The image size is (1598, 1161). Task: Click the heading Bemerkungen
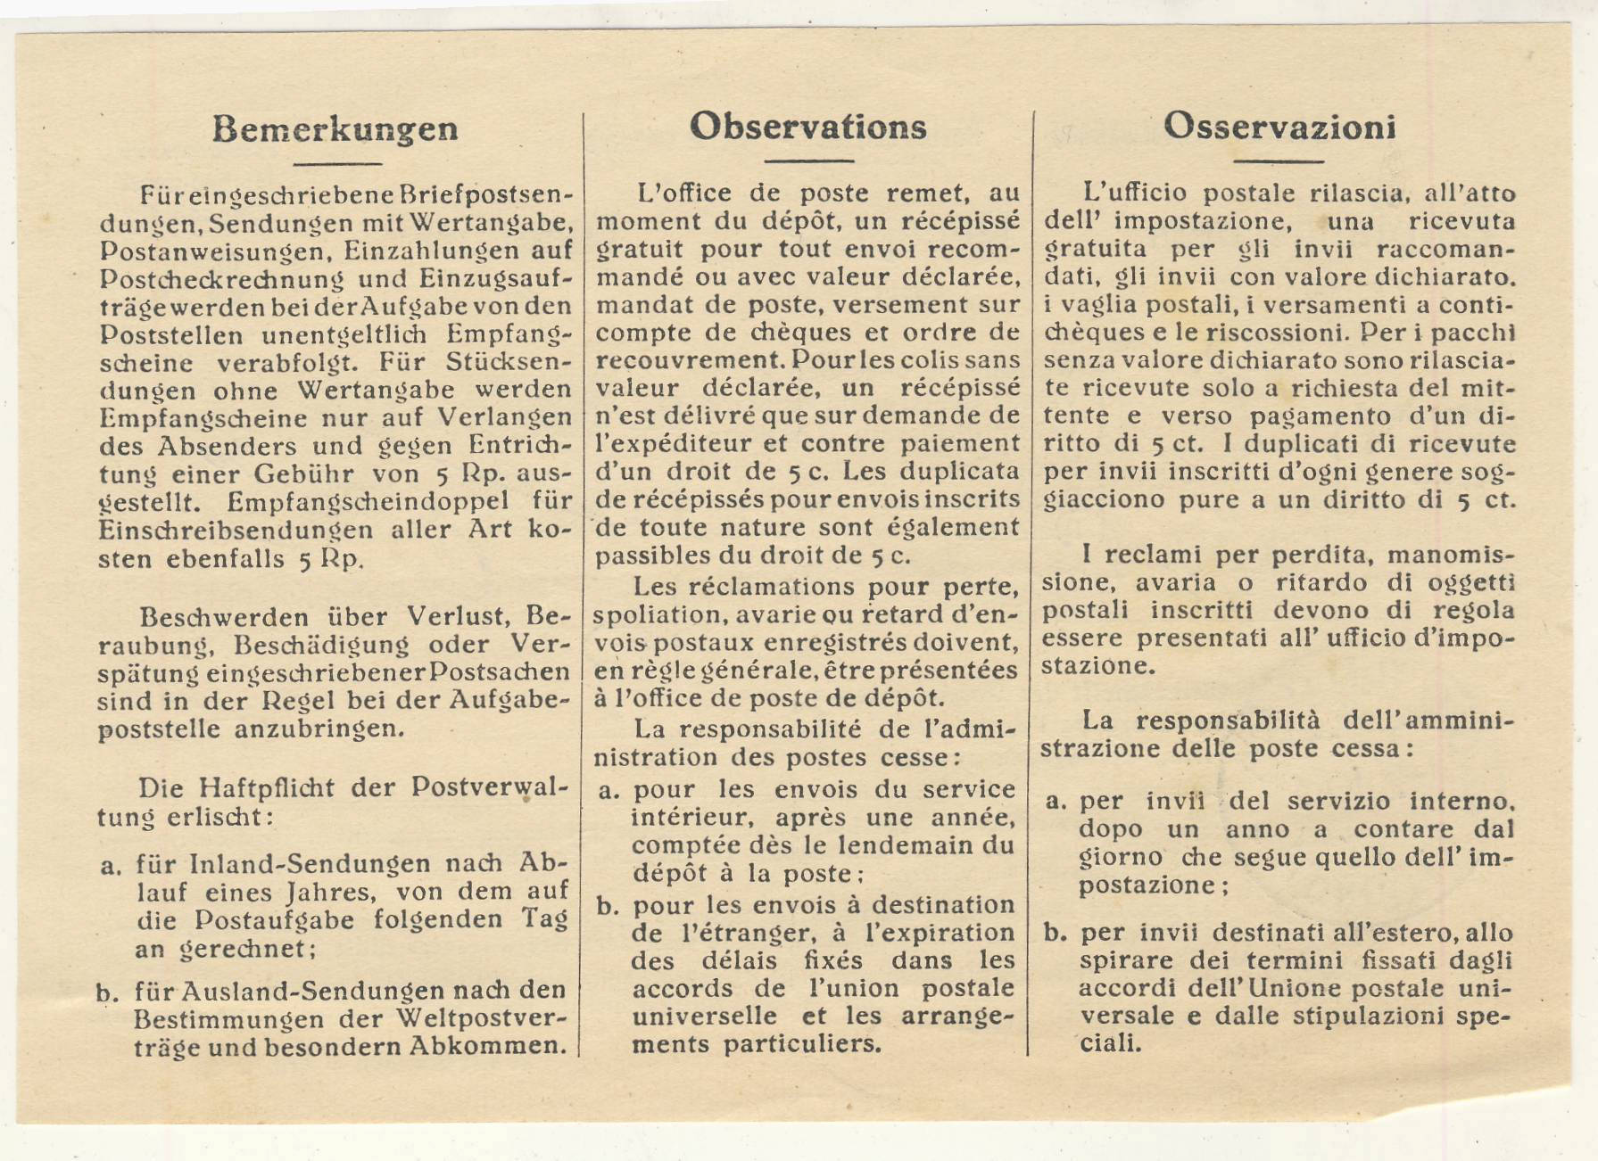pos(335,129)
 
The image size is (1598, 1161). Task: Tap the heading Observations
pos(807,127)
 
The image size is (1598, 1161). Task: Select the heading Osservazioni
pos(1279,127)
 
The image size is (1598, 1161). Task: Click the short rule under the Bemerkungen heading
pos(337,164)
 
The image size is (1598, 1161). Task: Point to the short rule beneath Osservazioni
pos(1278,162)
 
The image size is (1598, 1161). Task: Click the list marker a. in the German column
pos(111,865)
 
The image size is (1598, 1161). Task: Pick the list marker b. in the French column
pos(608,907)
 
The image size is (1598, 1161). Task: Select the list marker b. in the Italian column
pos(1056,934)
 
